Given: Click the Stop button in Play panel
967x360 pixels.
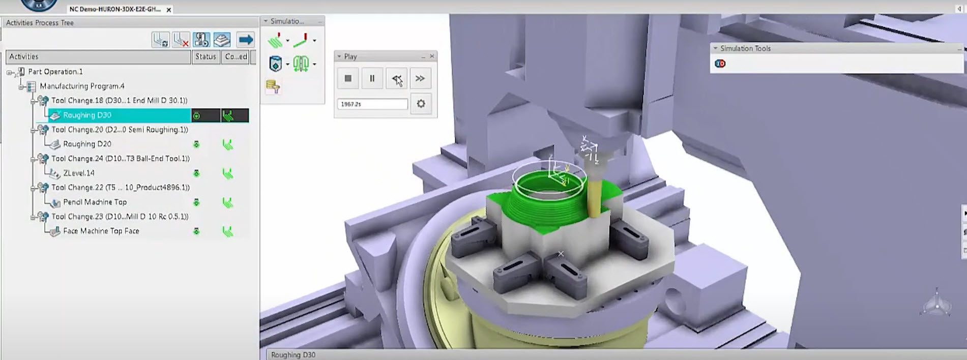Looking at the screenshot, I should click(348, 78).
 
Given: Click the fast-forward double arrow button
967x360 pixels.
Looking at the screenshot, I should click(420, 78).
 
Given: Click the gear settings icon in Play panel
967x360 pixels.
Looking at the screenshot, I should click(421, 104).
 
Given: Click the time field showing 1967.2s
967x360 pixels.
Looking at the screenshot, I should click(372, 104).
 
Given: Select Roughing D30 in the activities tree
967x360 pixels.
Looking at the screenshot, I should click(87, 115).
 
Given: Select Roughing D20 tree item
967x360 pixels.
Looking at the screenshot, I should click(87, 144).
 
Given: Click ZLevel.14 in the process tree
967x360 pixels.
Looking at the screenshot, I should click(78, 173).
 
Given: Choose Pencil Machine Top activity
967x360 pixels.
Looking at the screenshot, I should click(95, 202).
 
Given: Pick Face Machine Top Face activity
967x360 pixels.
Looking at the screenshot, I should click(101, 231).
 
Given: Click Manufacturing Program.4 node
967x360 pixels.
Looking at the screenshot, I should click(82, 86).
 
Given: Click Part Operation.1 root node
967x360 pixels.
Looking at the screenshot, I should click(55, 72).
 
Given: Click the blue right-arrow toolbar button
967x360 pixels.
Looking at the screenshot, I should click(246, 40).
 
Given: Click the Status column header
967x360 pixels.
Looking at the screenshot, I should click(206, 56).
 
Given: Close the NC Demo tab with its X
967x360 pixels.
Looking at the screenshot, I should click(169, 10).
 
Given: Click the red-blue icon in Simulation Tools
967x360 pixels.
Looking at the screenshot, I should click(720, 64).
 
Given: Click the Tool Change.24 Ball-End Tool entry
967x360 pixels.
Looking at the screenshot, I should click(120, 159).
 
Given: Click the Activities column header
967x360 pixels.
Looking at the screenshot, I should click(97, 56).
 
